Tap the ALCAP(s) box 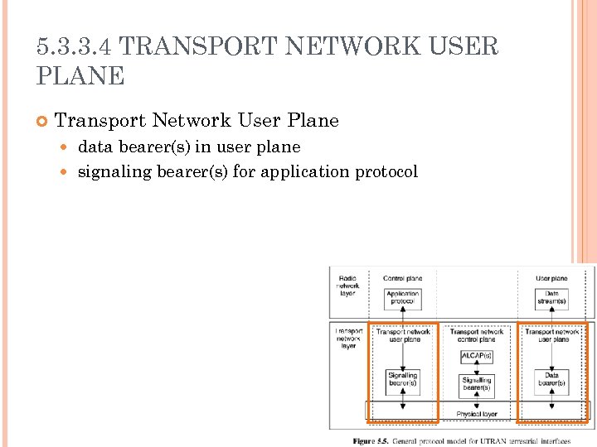pos(476,356)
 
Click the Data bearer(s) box pos(551,380)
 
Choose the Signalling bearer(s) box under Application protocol pos(402,380)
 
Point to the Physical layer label pos(477,413)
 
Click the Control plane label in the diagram pos(402,278)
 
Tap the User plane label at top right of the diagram pos(551,278)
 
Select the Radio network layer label pos(348,286)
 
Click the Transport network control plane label pos(477,335)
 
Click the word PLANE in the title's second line pos(80,76)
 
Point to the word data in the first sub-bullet pos(94,147)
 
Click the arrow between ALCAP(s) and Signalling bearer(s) pos(476,368)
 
